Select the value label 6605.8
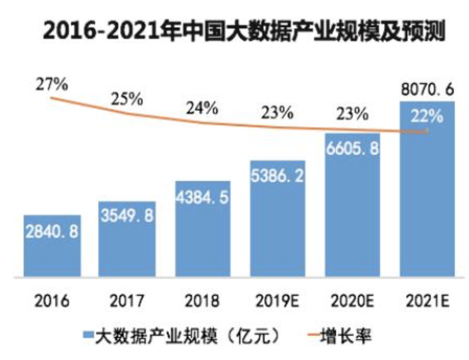[352, 149]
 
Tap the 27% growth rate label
[52, 84]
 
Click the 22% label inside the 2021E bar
[427, 116]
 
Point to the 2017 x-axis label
[127, 302]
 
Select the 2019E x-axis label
[277, 302]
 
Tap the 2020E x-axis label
[352, 302]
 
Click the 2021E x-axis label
[427, 302]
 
